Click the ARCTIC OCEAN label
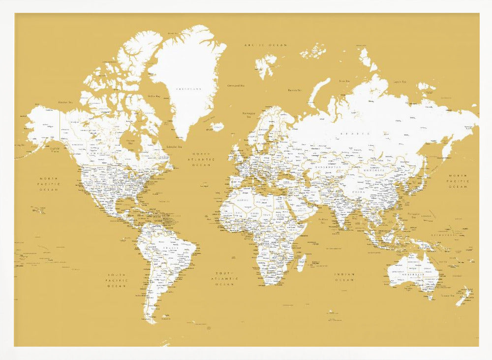(x=266, y=45)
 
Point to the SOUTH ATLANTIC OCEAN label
(x=224, y=278)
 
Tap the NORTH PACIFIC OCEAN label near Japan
(x=458, y=181)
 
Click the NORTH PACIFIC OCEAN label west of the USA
(x=49, y=184)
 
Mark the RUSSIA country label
(x=357, y=133)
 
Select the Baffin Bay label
(x=155, y=96)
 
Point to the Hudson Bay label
(x=130, y=142)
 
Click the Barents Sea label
(x=294, y=90)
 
